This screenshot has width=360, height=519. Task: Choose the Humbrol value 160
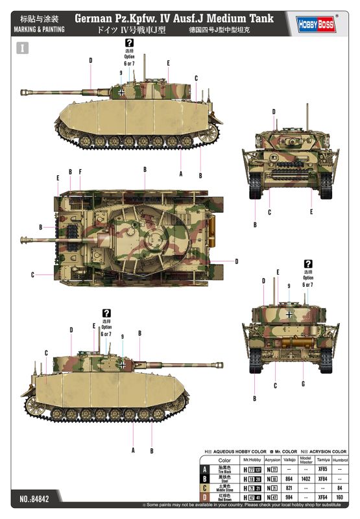(x=339, y=497)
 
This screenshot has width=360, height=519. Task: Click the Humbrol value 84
(x=339, y=487)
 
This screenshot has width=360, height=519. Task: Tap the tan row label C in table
(x=206, y=487)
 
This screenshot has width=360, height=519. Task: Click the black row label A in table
(x=206, y=468)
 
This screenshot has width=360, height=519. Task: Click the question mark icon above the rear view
(x=307, y=263)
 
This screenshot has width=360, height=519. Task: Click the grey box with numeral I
(x=24, y=47)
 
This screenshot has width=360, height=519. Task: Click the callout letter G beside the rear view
(x=302, y=383)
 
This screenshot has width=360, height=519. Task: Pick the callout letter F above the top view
(x=80, y=172)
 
